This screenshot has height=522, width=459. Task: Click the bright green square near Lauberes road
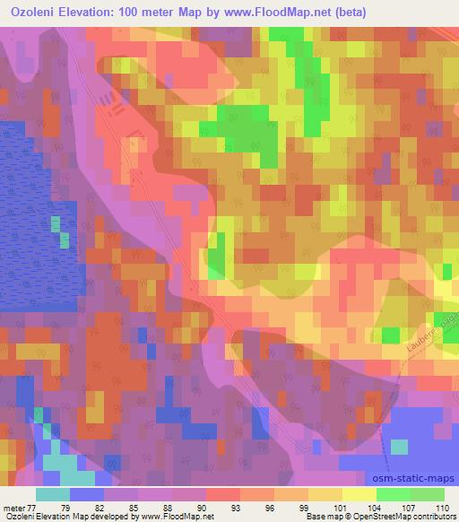tap(390, 335)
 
